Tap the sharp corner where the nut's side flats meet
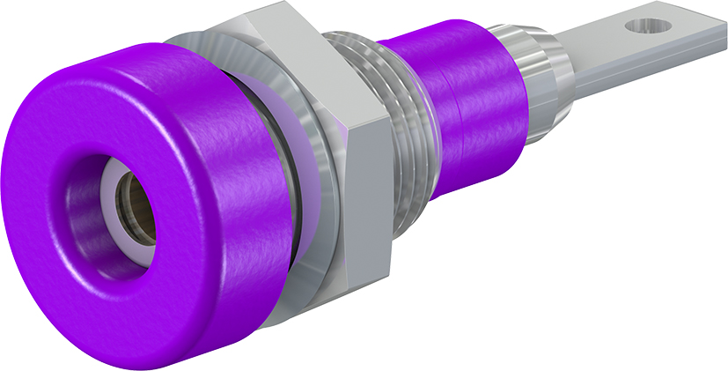(x=349, y=132)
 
